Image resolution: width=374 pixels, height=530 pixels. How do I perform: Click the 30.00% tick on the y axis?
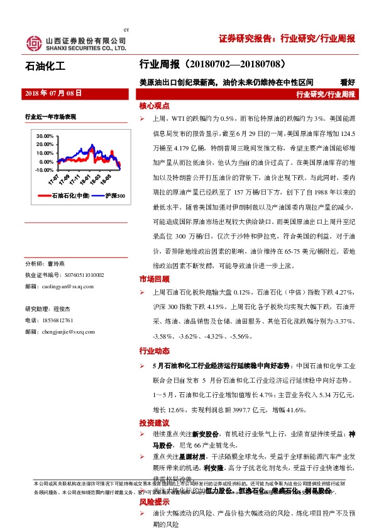click(45, 136)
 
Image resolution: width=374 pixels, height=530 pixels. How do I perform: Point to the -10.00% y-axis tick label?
click(44, 169)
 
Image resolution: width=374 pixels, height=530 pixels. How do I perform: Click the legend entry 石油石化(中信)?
click(70, 196)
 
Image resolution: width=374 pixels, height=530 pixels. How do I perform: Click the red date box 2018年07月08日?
click(53, 93)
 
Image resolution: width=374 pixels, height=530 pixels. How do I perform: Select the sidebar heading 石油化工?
click(45, 65)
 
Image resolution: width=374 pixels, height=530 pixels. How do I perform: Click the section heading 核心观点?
click(155, 106)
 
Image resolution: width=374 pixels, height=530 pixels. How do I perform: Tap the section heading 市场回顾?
click(155, 279)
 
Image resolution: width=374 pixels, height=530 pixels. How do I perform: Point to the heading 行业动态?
click(155, 351)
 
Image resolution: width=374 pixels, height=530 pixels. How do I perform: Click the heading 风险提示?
click(155, 502)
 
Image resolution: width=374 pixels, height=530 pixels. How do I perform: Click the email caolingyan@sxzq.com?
click(68, 286)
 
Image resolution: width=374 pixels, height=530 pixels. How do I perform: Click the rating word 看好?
click(347, 81)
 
